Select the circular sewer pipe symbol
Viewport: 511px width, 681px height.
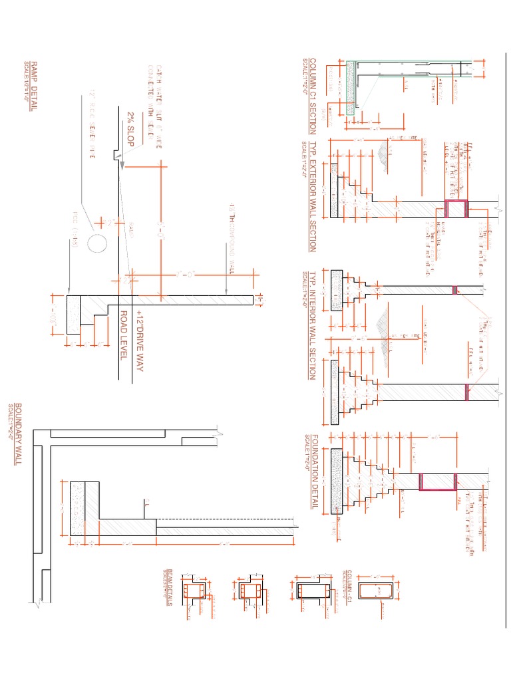pyautogui.click(x=96, y=243)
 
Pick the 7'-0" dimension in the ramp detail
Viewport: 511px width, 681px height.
pyautogui.click(x=181, y=275)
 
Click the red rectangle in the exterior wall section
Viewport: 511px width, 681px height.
pyautogui.click(x=456, y=209)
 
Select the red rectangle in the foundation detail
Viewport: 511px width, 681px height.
pyautogui.click(x=437, y=482)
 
